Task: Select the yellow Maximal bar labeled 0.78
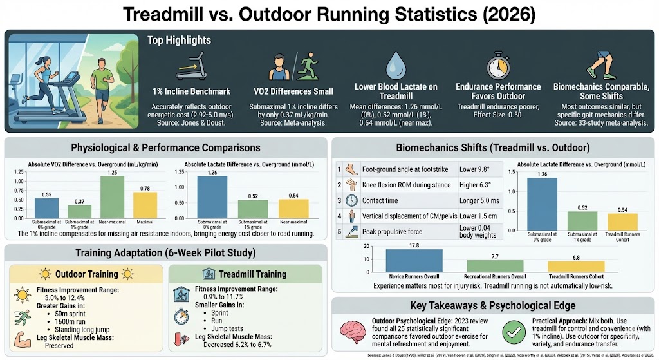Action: click(x=145, y=204)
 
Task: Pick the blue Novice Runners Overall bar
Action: click(x=414, y=260)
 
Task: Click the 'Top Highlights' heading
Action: click(x=179, y=41)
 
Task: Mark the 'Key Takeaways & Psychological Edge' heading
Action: click(x=493, y=305)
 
